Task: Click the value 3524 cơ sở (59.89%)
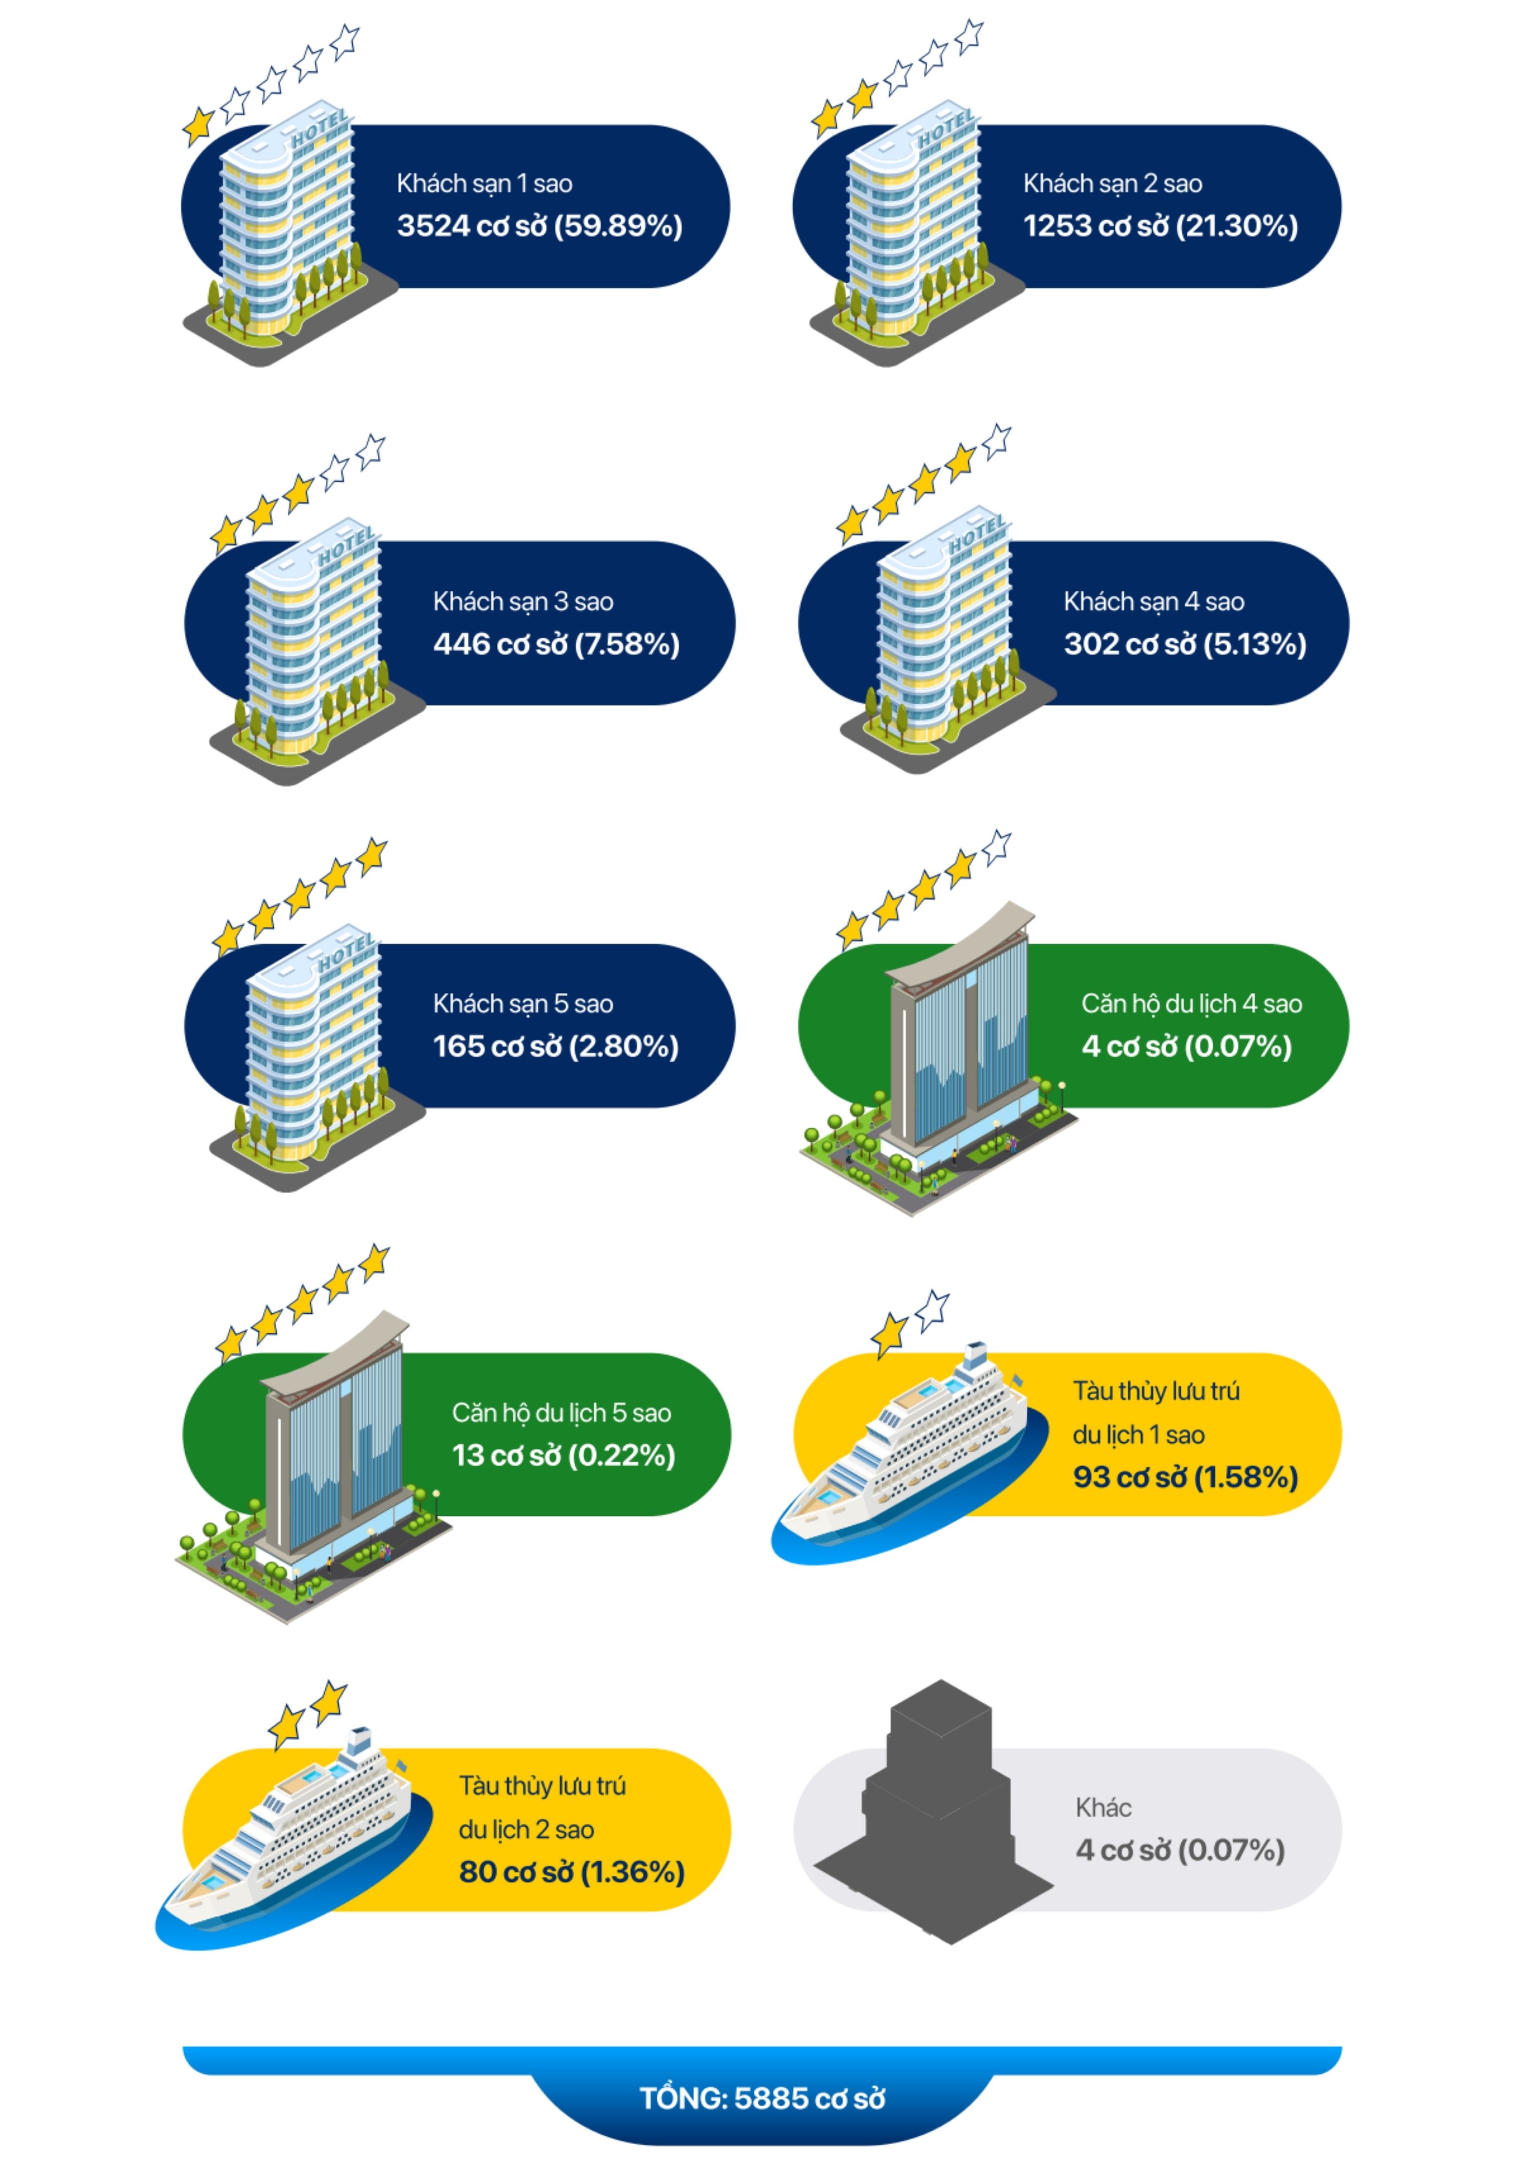coord(539,226)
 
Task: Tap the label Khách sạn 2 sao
coord(1112,183)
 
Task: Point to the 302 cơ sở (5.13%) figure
coord(1184,645)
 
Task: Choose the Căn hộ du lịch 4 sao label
coord(1191,1004)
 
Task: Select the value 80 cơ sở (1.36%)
coord(571,1872)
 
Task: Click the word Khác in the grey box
coord(1103,1807)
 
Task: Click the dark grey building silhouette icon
coord(936,1816)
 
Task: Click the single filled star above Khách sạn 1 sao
coord(198,125)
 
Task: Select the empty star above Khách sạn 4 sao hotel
coord(995,440)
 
